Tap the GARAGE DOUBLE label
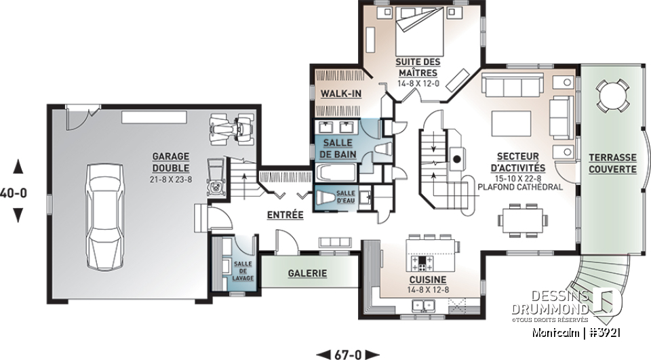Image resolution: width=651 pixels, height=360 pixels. [x=170, y=163]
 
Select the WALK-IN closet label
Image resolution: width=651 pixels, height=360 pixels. [x=340, y=94]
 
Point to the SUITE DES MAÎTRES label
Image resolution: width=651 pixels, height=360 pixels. [x=418, y=67]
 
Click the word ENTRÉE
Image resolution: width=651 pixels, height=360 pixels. [x=285, y=215]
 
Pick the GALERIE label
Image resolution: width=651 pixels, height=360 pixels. [x=307, y=274]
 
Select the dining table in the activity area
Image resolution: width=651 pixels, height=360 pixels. [x=523, y=219]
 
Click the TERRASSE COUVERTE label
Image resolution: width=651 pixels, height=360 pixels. [x=612, y=161]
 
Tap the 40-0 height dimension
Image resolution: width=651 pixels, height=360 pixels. [x=16, y=192]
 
